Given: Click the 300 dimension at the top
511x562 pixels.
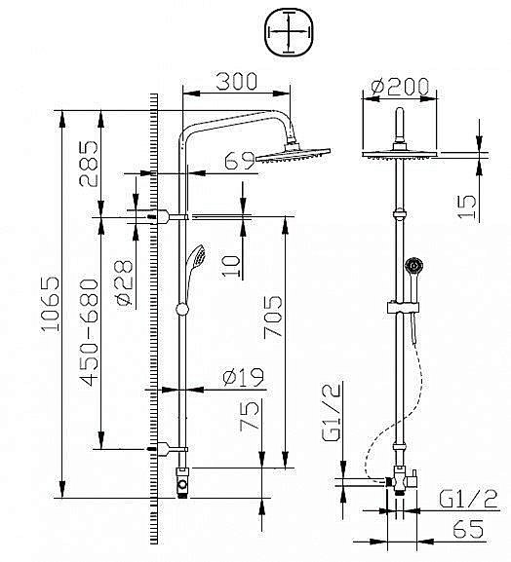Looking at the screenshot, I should pos(236,82).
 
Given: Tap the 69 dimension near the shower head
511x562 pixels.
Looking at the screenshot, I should pos(239,158).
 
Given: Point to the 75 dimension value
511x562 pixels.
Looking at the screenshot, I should pos(250,416).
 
